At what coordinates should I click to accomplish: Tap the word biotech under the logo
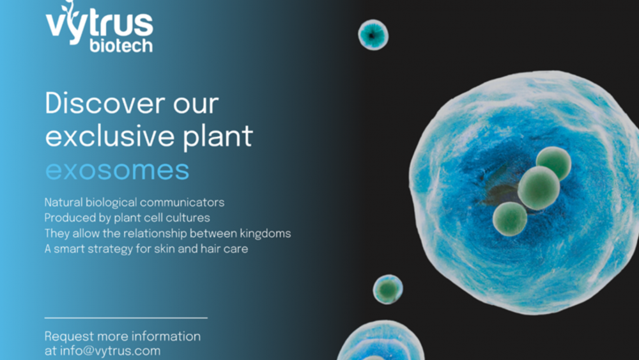click(x=121, y=45)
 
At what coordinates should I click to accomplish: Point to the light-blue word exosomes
click(x=118, y=171)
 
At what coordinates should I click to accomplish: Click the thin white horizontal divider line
click(x=126, y=317)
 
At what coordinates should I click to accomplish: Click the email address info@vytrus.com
click(x=110, y=350)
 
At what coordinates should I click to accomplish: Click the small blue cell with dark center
click(x=373, y=35)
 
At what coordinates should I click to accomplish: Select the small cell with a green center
click(x=388, y=290)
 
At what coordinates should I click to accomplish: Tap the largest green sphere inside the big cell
click(x=538, y=188)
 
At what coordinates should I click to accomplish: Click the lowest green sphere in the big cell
click(x=509, y=219)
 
